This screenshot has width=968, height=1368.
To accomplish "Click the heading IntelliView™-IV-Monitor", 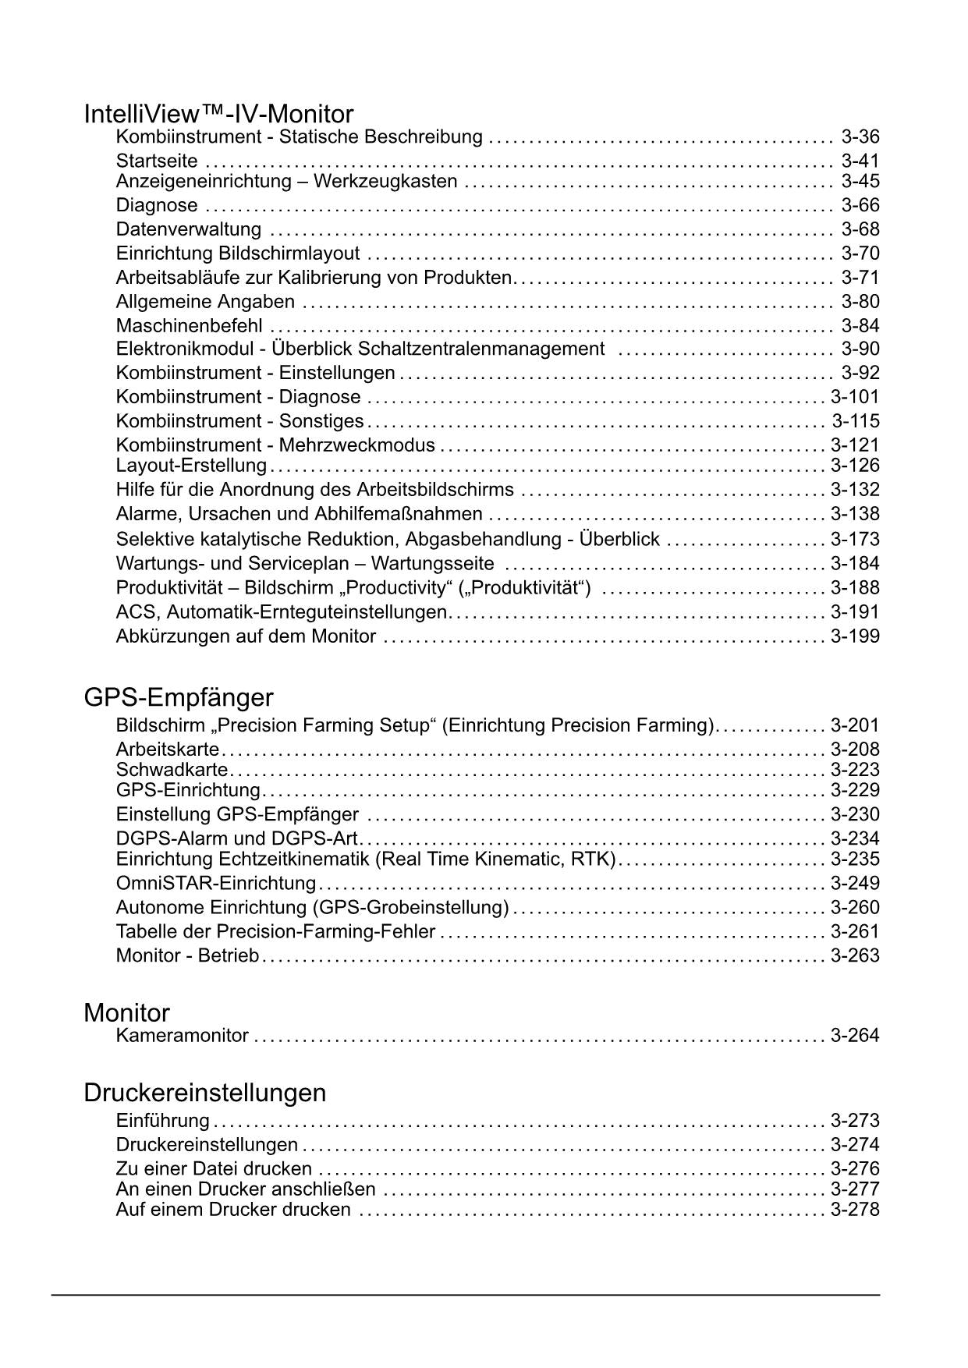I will pyautogui.click(x=218, y=115).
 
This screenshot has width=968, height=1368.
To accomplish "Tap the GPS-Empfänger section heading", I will pyautogui.click(x=179, y=696).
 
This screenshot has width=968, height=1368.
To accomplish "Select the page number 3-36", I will pyautogui.click(x=860, y=137).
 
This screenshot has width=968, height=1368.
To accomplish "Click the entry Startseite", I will pyautogui.click(x=157, y=161).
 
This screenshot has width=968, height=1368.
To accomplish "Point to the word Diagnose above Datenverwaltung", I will pyautogui.click(x=157, y=205).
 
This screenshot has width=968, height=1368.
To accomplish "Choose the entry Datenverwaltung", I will pyautogui.click(x=189, y=229).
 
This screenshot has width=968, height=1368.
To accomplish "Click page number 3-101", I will pyautogui.click(x=854, y=397).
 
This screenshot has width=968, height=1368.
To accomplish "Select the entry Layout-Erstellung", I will pyautogui.click(x=191, y=466).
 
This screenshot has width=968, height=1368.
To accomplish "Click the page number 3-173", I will pyautogui.click(x=855, y=539).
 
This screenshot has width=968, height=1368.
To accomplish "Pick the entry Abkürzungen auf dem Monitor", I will pyautogui.click(x=246, y=636).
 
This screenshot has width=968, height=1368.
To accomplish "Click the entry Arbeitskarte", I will pyautogui.click(x=168, y=750).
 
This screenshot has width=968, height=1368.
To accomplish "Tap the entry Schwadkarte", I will pyautogui.click(x=172, y=770).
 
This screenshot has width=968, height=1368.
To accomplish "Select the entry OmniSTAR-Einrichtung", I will pyautogui.click(x=216, y=883).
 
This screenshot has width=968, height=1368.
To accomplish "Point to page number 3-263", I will pyautogui.click(x=855, y=955).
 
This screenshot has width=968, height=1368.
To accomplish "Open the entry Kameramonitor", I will pyautogui.click(x=182, y=1036).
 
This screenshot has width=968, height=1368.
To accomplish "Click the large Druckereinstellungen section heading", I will pyautogui.click(x=204, y=1093).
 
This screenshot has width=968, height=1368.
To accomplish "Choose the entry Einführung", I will pyautogui.click(x=162, y=1121).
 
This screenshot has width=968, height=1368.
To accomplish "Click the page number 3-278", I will pyautogui.click(x=855, y=1210).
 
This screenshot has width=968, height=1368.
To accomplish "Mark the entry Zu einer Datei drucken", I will pyautogui.click(x=214, y=1169).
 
